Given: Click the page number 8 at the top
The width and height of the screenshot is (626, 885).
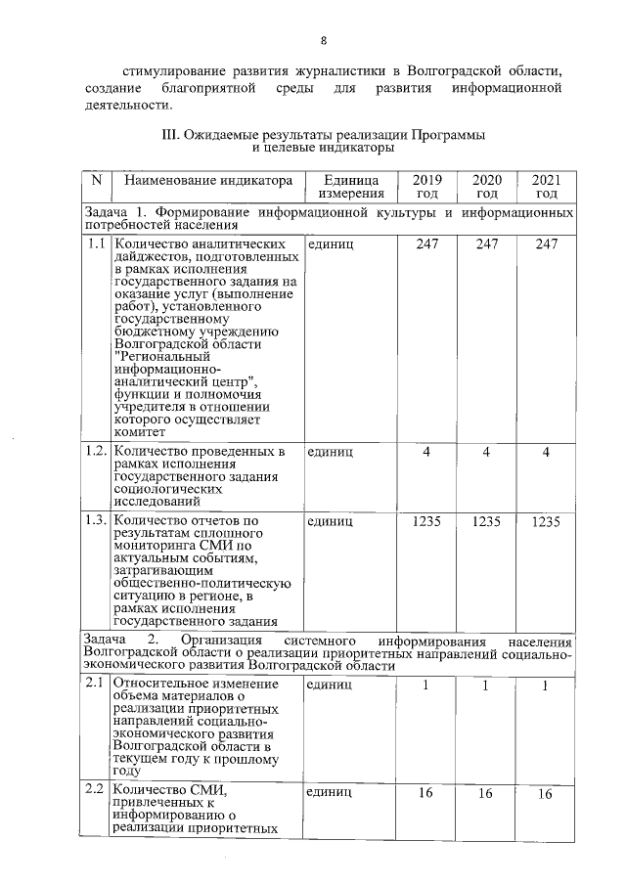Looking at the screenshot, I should pos(323,39).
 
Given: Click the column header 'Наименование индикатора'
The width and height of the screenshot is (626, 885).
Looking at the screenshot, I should pos(202,181).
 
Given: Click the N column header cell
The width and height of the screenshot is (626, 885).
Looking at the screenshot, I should pos(96,181).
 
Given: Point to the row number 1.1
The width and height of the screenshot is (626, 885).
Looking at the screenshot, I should pos(96,243).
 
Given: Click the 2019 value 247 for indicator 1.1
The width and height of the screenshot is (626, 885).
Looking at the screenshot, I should pos(426,243).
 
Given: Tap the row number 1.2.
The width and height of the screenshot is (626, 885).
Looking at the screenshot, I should pos(97,452).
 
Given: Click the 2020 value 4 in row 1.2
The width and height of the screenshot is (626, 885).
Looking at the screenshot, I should pos(486,452).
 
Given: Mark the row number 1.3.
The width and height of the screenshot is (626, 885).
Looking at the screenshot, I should pos(97,522).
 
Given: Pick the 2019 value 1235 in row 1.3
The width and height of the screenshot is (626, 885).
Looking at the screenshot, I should pos(426,522).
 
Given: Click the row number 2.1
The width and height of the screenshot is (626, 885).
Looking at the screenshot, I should pos(96,684).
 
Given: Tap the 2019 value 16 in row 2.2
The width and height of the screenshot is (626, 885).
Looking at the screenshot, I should pos(426,793).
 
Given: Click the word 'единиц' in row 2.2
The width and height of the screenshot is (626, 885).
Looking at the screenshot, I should pos(330,793).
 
